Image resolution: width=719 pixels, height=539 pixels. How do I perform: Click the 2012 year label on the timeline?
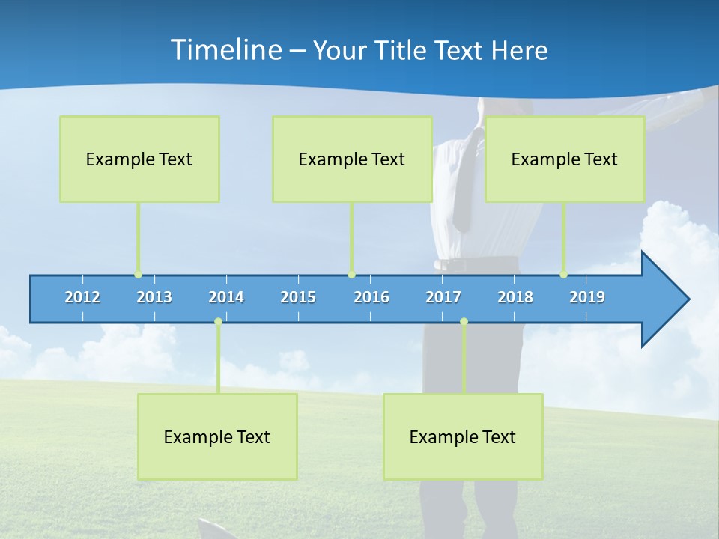coord(82,297)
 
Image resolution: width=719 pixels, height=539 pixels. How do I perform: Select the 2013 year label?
coord(154,297)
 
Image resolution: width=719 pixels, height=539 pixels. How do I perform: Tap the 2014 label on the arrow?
coord(226,297)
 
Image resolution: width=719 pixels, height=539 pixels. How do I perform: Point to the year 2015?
coord(298,297)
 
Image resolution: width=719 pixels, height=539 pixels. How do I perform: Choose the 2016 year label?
coord(371,297)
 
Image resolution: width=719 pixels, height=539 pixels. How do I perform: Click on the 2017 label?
coord(443,297)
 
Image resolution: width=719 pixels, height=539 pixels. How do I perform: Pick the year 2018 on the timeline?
coord(515,297)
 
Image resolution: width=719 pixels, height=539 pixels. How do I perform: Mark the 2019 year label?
coord(587,297)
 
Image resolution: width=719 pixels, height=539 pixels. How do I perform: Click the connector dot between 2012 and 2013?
coord(138,275)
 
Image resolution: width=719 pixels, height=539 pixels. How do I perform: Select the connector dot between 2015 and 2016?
coord(351,275)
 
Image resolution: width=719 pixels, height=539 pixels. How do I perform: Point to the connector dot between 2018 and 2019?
coord(563,275)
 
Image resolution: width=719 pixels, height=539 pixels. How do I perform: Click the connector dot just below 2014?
coord(218,322)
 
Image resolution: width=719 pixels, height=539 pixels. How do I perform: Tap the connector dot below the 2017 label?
coord(464,322)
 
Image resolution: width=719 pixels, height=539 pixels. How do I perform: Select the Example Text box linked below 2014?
coord(217,436)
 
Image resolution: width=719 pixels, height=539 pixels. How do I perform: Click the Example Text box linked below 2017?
coord(463,436)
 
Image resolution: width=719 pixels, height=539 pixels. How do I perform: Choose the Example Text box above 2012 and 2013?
coord(139,159)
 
